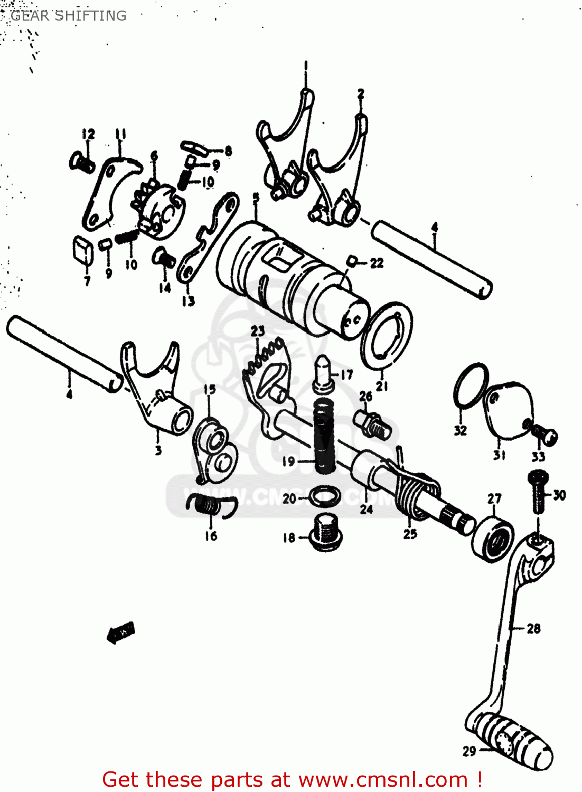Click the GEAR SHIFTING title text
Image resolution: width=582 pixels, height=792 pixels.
click(69, 16)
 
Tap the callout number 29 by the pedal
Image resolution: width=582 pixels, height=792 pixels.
click(469, 751)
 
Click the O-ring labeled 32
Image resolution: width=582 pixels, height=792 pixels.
click(470, 385)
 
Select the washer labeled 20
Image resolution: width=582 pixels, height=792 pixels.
click(322, 496)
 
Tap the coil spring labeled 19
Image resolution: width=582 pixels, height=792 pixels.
click(325, 436)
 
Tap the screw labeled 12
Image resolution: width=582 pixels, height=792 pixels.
click(81, 161)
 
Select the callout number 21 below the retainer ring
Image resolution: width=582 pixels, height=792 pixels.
click(382, 386)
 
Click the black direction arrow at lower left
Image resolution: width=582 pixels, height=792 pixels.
click(121, 632)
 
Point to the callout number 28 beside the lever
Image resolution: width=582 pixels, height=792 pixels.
click(533, 628)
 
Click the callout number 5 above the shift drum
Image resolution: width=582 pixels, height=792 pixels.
click(256, 197)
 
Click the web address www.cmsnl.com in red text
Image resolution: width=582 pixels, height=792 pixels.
click(383, 779)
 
